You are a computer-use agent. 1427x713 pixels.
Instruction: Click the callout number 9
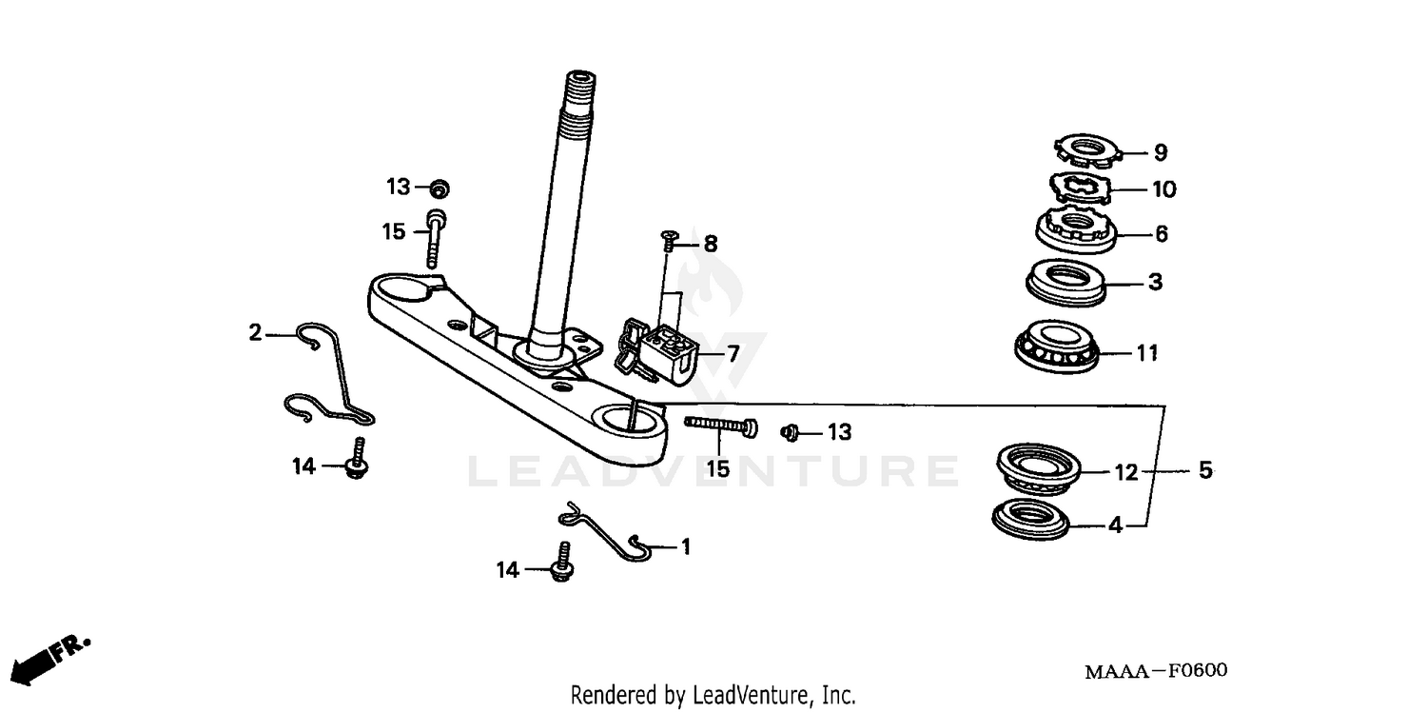1160,152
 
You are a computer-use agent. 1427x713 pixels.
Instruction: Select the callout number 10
1163,189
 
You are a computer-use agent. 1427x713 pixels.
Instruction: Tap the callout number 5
1205,470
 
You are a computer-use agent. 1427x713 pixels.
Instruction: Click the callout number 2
254,333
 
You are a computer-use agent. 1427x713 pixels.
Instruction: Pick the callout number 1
685,546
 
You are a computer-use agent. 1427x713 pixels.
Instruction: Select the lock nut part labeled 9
1085,149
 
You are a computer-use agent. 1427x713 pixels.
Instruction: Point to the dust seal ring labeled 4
1030,520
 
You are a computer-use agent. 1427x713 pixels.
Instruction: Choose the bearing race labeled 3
1065,280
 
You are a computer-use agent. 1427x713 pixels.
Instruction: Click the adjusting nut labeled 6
1075,229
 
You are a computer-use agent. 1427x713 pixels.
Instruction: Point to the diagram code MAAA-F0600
1156,671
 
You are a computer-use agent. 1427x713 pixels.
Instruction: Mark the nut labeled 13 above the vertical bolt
438,187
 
